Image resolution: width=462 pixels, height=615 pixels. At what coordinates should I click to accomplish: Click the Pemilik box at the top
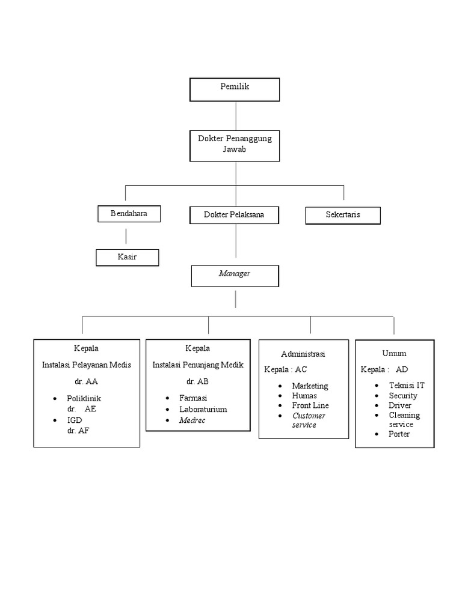point(235,89)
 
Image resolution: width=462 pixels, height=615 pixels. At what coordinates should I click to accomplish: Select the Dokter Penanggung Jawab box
point(235,145)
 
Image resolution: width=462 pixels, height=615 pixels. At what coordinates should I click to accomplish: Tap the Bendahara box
point(129,214)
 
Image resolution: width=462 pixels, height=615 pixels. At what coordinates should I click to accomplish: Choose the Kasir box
point(127,258)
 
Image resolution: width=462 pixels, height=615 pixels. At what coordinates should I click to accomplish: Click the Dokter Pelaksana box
point(234,214)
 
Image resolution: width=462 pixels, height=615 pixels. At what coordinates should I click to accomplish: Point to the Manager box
point(235,275)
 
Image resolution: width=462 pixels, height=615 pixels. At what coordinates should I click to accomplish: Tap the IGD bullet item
point(75,420)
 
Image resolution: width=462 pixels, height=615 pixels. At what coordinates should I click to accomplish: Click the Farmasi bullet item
point(193,398)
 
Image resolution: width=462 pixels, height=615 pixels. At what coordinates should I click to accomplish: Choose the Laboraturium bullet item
point(203,409)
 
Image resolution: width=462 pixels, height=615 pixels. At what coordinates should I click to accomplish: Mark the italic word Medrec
point(192,420)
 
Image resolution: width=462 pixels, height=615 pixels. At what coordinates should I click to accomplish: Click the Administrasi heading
point(303,354)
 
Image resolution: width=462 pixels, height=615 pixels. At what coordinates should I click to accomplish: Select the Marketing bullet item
point(310,386)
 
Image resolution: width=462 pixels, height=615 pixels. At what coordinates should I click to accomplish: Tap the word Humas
point(304,396)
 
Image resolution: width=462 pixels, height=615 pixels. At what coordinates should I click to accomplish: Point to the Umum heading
point(394,353)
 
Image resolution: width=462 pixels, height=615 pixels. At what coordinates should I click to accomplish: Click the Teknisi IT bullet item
point(407,386)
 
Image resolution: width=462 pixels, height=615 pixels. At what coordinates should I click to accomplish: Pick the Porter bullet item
point(399,434)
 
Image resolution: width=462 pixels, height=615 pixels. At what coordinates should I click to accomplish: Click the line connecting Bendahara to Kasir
point(126,235)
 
